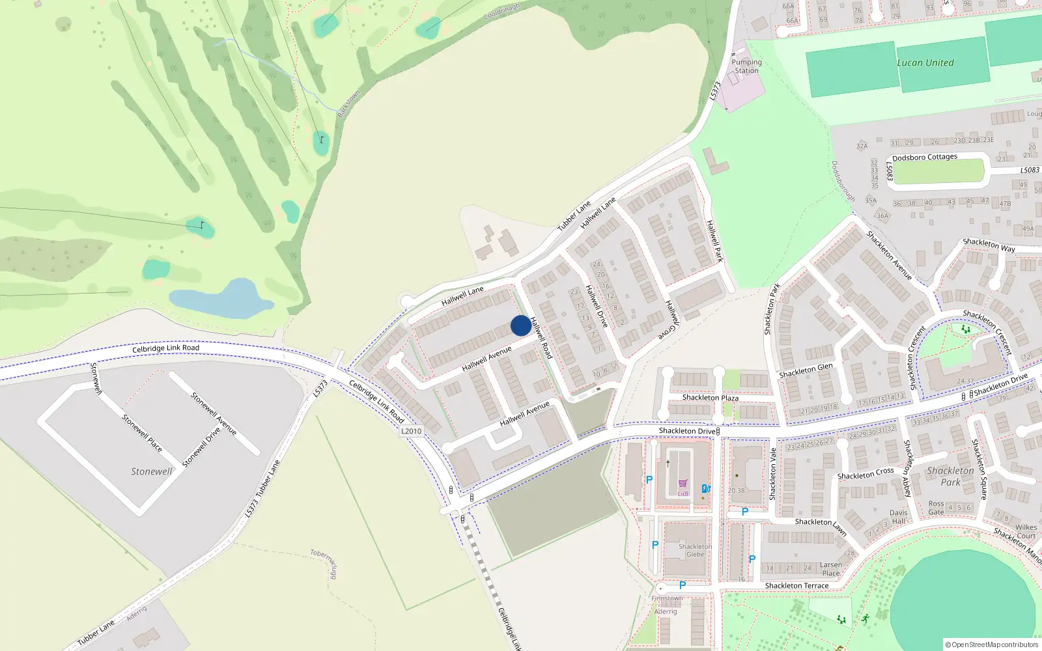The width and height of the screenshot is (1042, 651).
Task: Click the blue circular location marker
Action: click(520, 325)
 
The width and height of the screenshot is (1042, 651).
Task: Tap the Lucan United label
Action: click(925, 63)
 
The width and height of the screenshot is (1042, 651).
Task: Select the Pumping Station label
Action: click(746, 66)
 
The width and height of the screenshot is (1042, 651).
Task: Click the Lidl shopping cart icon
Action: click(683, 484)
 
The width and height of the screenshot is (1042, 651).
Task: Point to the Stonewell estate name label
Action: click(152, 471)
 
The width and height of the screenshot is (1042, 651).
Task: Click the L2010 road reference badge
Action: click(411, 431)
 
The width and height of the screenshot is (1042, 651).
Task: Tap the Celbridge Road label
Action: click(165, 348)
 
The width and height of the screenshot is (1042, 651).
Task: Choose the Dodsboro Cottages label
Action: click(924, 158)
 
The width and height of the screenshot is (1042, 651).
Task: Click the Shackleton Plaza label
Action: click(710, 398)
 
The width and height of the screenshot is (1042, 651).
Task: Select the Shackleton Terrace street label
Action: click(796, 586)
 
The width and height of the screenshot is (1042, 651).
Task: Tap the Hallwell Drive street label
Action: click(596, 306)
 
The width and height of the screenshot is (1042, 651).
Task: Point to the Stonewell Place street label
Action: click(142, 434)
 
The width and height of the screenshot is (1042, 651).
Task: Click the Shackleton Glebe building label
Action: click(695, 551)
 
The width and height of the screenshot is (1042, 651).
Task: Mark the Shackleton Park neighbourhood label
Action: click(950, 477)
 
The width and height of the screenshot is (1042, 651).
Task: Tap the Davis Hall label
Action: click(898, 517)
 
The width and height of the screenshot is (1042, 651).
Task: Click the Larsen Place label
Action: click(831, 569)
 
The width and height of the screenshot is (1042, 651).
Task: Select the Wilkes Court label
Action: click(1026, 532)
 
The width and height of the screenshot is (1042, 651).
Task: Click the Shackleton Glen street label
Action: click(806, 370)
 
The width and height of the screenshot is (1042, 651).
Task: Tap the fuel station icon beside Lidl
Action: click(705, 488)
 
